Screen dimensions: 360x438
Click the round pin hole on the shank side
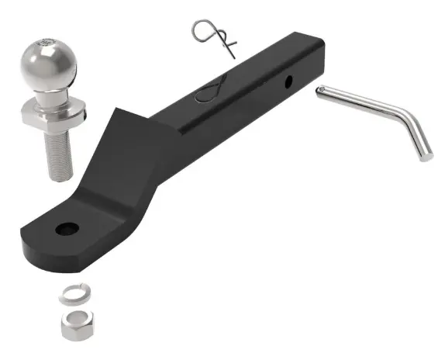(x=288, y=80)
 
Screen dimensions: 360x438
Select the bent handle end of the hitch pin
(x=422, y=147)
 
